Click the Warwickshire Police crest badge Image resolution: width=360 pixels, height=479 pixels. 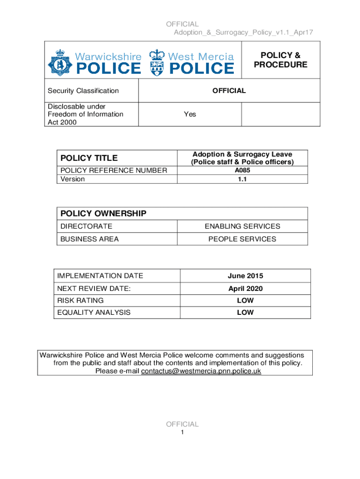59,62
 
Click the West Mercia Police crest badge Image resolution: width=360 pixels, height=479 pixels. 158,62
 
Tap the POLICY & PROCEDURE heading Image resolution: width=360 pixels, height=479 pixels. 281,60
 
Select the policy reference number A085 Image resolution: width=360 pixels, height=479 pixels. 242,170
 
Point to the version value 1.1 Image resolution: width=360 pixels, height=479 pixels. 242,179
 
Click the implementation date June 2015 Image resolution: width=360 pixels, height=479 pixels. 245,276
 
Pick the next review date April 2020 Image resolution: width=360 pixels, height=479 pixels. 245,289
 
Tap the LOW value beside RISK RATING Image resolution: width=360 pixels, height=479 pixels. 245,300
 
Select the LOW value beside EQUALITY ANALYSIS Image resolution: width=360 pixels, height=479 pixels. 245,312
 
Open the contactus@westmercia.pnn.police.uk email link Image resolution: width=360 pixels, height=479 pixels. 201,371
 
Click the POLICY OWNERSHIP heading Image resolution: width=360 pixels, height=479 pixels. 103,214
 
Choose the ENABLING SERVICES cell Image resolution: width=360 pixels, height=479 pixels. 242,226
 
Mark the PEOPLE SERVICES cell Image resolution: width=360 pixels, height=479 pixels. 242,239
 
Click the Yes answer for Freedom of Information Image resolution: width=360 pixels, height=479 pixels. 190,114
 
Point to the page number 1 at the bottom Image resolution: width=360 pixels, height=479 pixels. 182,433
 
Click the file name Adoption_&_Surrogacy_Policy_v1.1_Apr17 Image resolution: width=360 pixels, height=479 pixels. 243,32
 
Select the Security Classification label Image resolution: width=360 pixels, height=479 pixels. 83,91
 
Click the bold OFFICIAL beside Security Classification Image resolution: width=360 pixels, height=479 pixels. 229,91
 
